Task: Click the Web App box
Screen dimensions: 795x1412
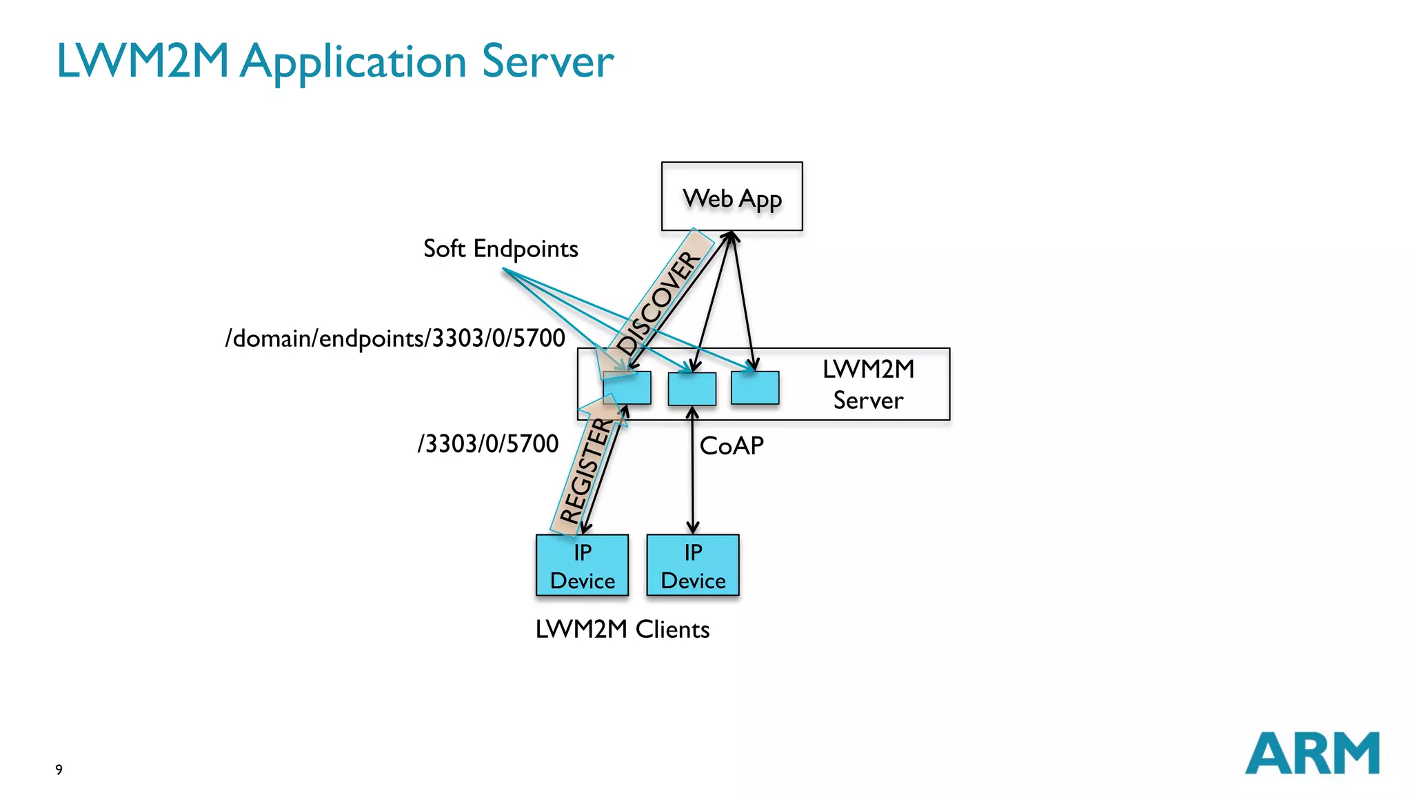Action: (732, 197)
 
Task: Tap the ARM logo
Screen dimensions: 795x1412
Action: (1311, 753)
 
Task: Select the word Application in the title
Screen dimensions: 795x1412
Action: (354, 62)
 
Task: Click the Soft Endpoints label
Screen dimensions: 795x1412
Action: (501, 249)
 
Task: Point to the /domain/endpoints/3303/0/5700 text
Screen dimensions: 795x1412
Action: (395, 339)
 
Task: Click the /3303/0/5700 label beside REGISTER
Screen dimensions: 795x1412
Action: (488, 443)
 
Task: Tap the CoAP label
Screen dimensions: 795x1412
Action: (732, 446)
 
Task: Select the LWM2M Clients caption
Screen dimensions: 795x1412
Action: (622, 629)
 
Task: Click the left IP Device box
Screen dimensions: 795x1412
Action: (583, 566)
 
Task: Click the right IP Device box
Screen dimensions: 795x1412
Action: (693, 566)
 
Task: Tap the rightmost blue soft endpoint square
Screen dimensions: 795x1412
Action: (755, 388)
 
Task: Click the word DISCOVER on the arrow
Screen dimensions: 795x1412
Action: (658, 303)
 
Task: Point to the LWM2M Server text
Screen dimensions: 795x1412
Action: (868, 385)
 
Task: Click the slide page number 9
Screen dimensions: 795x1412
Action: (59, 769)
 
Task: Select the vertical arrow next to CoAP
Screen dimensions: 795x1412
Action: (693, 476)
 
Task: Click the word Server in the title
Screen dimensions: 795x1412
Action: (547, 62)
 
